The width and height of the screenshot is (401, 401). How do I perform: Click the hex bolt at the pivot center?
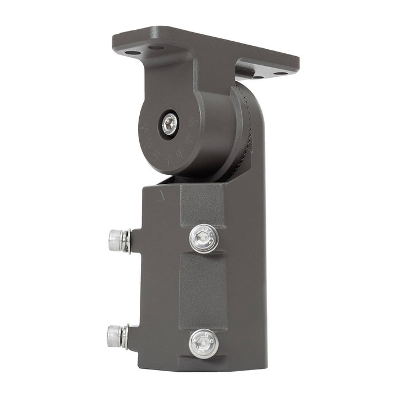pos(170,124)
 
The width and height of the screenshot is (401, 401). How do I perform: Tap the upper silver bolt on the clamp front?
pos(204,238)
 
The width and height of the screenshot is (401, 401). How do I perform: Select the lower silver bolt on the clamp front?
pos(204,343)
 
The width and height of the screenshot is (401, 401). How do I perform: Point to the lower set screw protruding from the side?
pos(117,336)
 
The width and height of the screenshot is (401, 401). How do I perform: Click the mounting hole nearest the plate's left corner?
pos(132,53)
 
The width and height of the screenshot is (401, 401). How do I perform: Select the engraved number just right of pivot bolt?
pos(191,122)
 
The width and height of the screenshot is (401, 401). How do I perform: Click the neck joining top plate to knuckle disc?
pos(172,74)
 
